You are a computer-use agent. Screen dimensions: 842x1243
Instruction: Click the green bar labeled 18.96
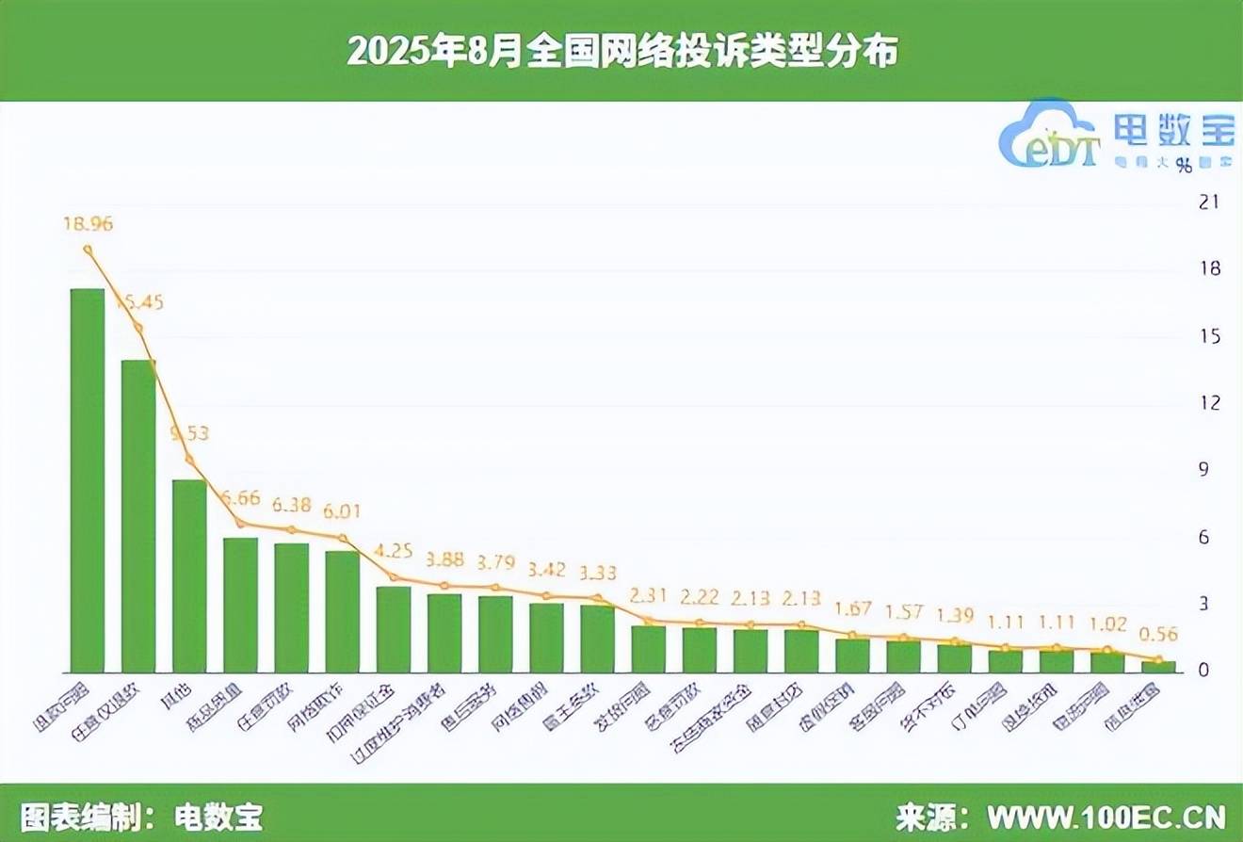tap(88, 480)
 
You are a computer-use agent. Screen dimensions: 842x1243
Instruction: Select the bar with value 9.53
tap(189, 576)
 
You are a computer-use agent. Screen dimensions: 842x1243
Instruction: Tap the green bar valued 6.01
tap(342, 611)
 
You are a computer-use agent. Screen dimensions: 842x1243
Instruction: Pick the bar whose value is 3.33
tap(597, 639)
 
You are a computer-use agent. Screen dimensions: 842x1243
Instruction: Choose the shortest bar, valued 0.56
tap(1157, 667)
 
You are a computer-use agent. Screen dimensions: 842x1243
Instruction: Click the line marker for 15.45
tap(138, 328)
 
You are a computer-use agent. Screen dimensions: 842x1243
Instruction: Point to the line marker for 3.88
tap(444, 586)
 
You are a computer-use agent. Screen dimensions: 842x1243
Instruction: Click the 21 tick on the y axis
tap(1207, 202)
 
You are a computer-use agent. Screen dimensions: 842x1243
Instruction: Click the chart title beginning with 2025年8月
tap(621, 51)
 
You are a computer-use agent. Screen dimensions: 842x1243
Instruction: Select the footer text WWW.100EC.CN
tap(1106, 815)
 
